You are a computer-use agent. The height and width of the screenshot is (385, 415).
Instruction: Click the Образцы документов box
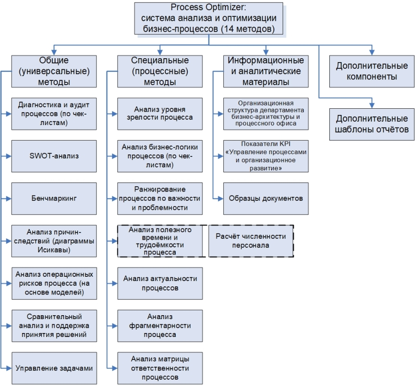pos(265,198)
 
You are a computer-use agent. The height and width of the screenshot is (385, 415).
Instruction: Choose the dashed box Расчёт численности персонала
pos(251,241)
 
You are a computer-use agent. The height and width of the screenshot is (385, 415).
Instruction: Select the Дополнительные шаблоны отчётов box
pos(372,124)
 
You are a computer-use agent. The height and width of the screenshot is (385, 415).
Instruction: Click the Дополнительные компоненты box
pos(372,71)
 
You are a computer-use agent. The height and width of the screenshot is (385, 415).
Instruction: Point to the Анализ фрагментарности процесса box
pos(161,325)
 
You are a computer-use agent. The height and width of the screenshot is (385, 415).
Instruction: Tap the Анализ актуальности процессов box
pos(161,283)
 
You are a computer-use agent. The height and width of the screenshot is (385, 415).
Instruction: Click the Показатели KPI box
pos(265,156)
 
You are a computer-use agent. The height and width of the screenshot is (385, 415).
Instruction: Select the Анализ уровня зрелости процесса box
pos(161,114)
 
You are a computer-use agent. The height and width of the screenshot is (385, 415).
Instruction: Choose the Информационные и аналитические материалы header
pos(265,71)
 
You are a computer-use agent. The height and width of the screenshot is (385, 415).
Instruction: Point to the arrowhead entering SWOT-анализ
pos(10,156)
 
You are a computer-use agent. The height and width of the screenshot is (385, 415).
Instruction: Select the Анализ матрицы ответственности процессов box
pos(161,368)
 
